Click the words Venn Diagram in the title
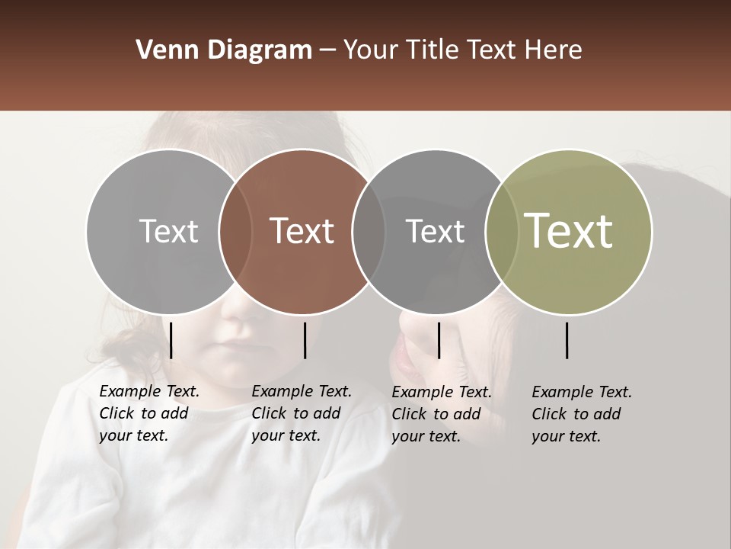click(224, 50)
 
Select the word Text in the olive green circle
click(569, 231)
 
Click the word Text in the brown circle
click(302, 231)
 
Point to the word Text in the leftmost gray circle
click(169, 231)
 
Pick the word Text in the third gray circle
click(436, 231)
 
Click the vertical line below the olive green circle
click(567, 340)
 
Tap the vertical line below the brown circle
click(305, 340)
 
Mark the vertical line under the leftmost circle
click(171, 340)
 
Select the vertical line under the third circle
click(439, 340)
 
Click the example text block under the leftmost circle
click(148, 413)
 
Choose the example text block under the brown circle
click(301, 413)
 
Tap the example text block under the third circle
click(441, 414)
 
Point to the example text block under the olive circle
click(581, 414)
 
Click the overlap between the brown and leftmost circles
click(235, 232)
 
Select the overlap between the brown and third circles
click(369, 232)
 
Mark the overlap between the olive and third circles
click(502, 232)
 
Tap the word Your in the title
click(371, 50)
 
